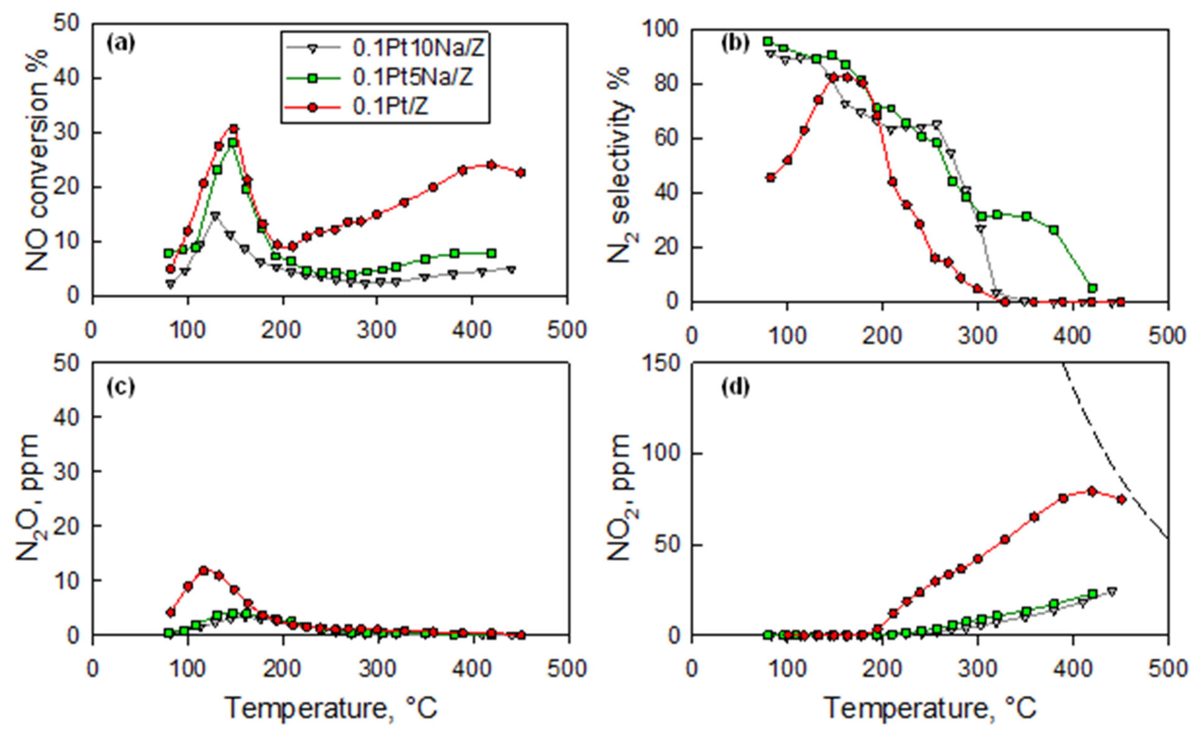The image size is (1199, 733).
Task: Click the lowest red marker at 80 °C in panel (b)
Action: tap(770, 178)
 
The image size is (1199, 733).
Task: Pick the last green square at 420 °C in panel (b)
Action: tap(1093, 288)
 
